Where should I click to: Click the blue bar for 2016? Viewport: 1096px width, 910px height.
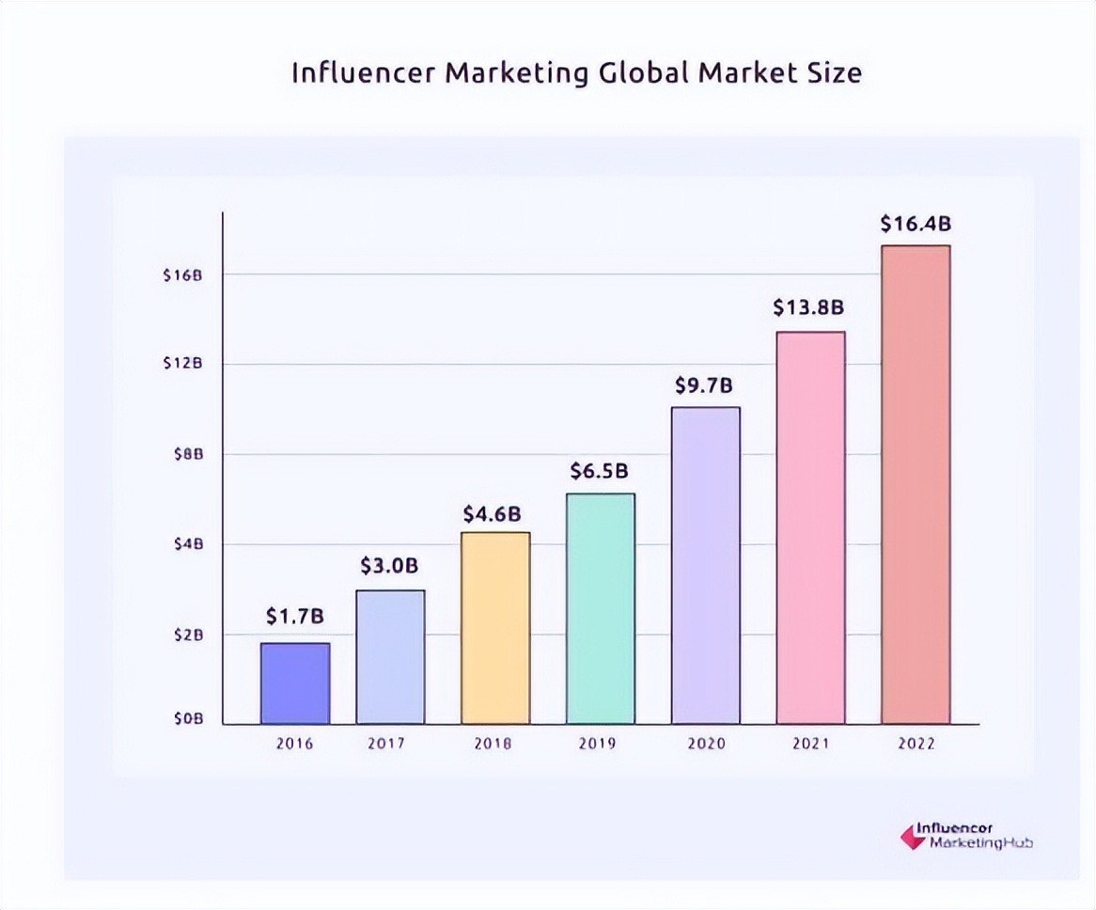click(295, 683)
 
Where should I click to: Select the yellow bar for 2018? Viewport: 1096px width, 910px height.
click(495, 628)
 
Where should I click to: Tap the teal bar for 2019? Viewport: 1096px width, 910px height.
click(601, 608)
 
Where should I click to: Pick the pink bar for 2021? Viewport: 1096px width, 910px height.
click(810, 527)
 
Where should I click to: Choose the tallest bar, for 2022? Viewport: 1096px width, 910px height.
click(916, 484)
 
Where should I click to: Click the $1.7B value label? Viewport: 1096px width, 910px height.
click(295, 617)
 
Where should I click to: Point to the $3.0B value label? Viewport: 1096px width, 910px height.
click(389, 566)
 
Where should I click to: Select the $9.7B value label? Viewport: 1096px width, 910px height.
click(704, 385)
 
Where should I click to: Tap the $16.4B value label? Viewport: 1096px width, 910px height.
click(916, 224)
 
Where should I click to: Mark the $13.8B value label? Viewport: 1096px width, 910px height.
click(808, 307)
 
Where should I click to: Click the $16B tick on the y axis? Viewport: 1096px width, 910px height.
click(183, 275)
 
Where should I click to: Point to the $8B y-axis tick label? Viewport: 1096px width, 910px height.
click(187, 454)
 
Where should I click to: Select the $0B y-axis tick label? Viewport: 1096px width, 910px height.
click(187, 719)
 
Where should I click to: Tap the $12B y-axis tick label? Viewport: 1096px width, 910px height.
click(183, 364)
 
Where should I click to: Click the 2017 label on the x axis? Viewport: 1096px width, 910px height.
click(386, 744)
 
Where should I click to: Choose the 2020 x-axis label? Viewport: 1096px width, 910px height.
click(706, 744)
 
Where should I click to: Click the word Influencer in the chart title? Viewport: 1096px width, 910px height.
click(363, 73)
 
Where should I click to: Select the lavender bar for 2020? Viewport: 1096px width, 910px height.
click(705, 565)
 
